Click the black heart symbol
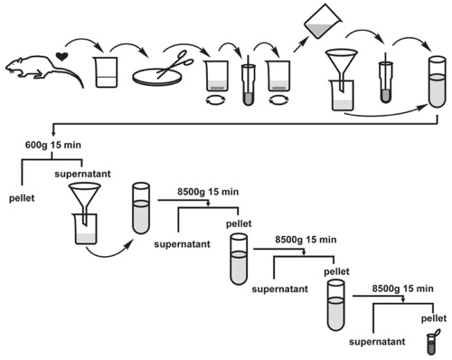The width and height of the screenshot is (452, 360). coord(62,57)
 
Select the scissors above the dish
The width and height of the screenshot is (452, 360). coord(174,64)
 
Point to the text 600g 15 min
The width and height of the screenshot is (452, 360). coord(53,145)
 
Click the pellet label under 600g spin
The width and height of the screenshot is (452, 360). coord(22,198)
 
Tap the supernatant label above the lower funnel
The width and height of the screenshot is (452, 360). coord(82,174)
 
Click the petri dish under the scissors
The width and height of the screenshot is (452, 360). coord(157,77)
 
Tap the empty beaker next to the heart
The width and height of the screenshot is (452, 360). coord(107,72)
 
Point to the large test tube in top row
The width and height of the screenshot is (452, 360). coord(438,82)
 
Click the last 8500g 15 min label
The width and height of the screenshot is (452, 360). coord(403,289)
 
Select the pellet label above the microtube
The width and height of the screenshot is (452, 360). coord(434,318)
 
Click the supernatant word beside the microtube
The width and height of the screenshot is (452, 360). coord(377,342)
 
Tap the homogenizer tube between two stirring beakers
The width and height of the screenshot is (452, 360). coord(248,81)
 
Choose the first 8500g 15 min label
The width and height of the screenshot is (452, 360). coord(208,192)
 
